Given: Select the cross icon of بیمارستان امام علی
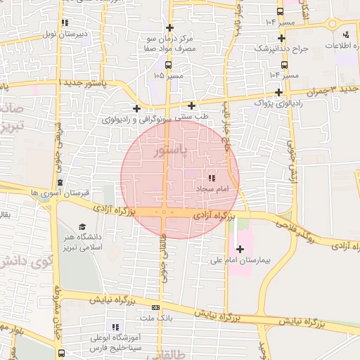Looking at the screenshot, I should point(240,249).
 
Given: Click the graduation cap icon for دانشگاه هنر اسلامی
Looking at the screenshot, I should point(82,227).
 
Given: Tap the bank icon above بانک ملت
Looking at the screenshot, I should point(155,307).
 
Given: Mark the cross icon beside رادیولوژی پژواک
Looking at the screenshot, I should point(279,92).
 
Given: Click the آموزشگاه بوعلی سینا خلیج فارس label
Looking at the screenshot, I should point(115,342).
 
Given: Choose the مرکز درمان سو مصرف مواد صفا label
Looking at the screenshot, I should point(168,43).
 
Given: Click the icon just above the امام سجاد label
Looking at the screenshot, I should point(212,178).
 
